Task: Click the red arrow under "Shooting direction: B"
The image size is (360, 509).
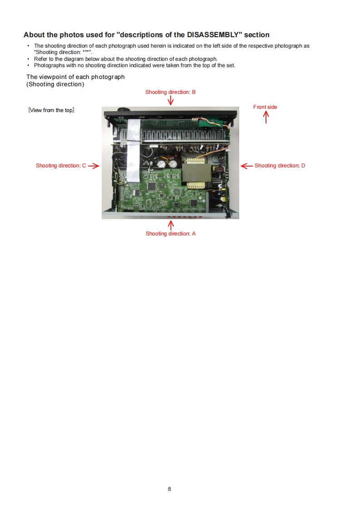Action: [171, 100]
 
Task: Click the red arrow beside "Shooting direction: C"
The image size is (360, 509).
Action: [94, 166]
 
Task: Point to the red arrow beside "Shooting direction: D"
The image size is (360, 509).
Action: [247, 166]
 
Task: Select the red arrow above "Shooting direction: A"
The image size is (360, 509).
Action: [171, 225]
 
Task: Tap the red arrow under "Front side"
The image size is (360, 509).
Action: [266, 117]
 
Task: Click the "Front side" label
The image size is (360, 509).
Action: [265, 107]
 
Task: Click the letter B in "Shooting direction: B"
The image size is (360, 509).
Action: [193, 92]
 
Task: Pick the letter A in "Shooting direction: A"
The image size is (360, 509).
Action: [194, 234]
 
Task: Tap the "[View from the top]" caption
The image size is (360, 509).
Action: [51, 110]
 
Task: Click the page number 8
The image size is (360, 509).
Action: [169, 489]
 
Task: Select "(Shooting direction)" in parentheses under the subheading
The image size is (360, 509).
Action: [55, 84]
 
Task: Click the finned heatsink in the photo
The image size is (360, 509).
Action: [186, 136]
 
